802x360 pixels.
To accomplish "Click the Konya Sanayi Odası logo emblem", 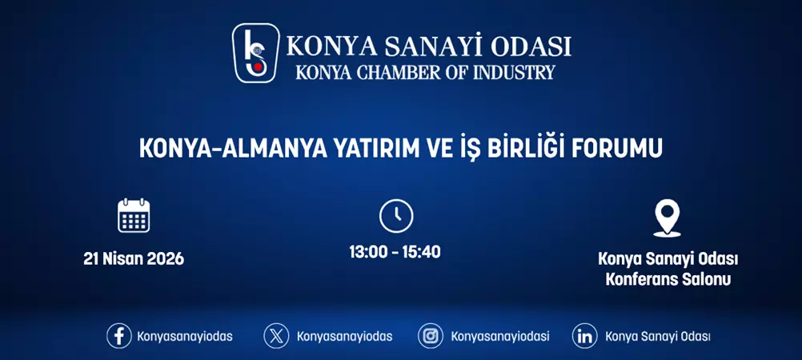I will (255, 53).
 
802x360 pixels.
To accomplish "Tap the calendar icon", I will (134, 216).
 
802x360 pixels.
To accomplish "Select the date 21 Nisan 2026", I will (134, 259).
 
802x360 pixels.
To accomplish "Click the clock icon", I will (395, 216).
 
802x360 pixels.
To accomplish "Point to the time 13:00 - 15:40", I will (395, 252).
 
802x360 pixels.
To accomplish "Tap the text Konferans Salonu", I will (668, 280).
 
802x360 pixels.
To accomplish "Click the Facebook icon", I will (118, 336).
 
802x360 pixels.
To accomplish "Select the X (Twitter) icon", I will (276, 336).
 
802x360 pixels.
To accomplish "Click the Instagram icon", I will (431, 336).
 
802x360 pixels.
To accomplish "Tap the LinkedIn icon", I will (585, 336).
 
